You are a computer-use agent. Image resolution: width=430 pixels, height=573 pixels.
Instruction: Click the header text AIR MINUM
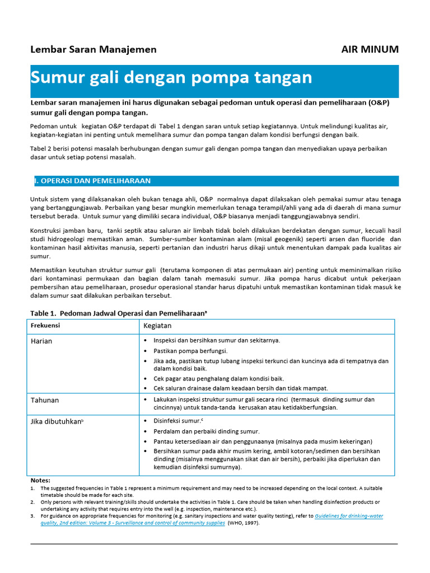click(x=370, y=49)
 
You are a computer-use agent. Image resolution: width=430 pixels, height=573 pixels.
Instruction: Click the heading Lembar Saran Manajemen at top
click(x=94, y=49)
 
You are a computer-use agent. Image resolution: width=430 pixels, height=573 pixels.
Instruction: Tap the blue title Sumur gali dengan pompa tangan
click(x=171, y=77)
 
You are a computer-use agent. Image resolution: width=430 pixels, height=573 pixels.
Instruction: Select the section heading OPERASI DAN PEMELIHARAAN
click(x=93, y=181)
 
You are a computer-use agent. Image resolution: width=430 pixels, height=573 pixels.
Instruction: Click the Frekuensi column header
click(x=45, y=325)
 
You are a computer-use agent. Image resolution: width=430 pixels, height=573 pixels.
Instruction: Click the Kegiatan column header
click(x=157, y=325)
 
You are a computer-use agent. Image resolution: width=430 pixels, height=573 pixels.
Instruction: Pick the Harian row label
click(x=42, y=341)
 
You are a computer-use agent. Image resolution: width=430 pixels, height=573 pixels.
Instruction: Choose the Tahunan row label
click(x=45, y=400)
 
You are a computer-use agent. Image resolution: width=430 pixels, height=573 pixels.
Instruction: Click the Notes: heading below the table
click(x=40, y=480)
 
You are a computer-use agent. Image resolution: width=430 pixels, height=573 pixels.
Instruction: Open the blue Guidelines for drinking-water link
click(x=349, y=516)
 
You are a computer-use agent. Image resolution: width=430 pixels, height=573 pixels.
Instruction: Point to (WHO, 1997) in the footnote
click(x=244, y=523)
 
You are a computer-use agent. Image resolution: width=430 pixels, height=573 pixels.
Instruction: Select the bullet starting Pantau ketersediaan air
click(x=263, y=442)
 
